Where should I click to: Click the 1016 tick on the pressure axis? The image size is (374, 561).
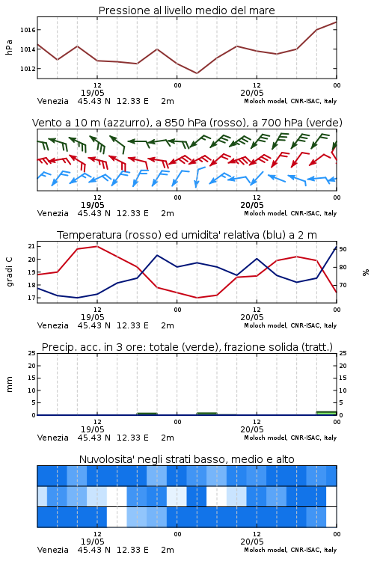point(28,30)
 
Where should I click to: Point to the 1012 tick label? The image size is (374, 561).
point(28,68)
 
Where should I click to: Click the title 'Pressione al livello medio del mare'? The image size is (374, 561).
point(187,10)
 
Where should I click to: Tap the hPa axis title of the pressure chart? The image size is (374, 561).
point(9,47)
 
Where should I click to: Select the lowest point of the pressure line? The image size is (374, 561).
point(197,73)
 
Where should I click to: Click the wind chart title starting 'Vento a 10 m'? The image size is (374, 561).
point(187,123)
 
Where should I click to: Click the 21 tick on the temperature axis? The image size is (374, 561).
point(31,246)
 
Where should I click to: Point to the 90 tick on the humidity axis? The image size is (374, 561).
point(343,249)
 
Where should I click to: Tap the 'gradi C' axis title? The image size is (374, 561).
point(9,272)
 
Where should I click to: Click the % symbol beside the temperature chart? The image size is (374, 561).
point(366,272)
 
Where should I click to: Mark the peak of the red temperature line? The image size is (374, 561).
point(97,246)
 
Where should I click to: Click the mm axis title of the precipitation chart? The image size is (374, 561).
point(9,384)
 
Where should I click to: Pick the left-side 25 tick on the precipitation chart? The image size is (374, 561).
point(31,353)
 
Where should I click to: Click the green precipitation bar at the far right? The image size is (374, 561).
point(326,413)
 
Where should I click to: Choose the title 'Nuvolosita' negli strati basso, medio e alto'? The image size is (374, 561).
point(187,459)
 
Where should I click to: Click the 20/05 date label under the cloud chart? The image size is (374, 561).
point(252,542)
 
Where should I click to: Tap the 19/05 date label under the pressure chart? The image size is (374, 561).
point(92,93)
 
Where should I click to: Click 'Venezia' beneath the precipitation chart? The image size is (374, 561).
point(53,438)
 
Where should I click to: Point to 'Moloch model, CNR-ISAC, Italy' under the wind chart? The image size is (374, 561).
point(290,213)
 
